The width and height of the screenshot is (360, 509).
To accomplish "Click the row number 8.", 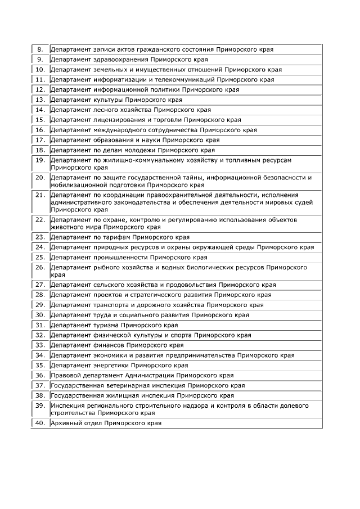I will tap(40, 49).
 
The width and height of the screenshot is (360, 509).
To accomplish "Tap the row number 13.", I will tap(40, 100).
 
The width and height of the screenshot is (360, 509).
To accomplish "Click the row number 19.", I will tap(40, 160).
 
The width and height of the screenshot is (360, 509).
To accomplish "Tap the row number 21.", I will tap(40, 195).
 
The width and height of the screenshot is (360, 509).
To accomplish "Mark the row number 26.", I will tap(40, 268).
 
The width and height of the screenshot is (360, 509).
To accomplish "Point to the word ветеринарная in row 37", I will tap(130, 385).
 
